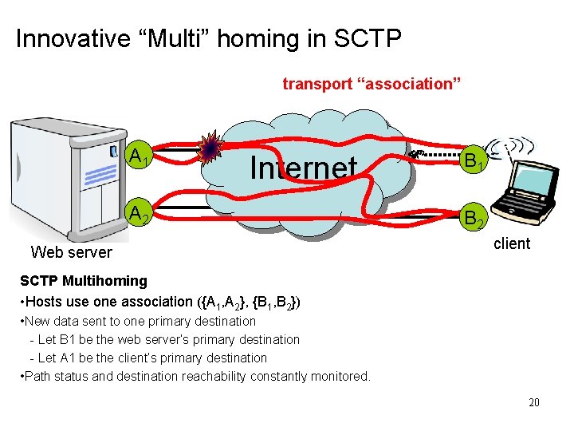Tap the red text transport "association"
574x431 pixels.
[372, 83]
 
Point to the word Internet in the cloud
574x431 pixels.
[303, 168]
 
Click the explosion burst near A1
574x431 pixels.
[210, 148]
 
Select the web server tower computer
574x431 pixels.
[68, 180]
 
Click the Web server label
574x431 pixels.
[71, 252]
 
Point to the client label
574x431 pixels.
[512, 243]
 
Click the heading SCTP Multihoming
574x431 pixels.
[84, 281]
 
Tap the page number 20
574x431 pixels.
[533, 402]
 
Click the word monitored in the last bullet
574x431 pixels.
[340, 376]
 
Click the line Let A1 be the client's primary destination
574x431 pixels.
[151, 358]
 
